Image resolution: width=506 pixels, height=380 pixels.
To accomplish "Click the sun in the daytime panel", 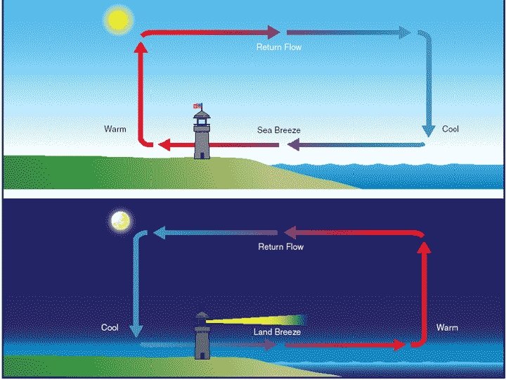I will (116, 21).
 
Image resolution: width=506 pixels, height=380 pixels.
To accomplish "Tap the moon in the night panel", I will (120, 222).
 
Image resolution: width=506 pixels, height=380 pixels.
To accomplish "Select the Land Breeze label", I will (277, 331).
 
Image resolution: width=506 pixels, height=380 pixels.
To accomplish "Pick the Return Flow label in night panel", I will (281, 247).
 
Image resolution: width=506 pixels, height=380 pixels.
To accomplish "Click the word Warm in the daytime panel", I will (115, 129).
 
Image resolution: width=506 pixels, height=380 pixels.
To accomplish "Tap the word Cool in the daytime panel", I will (450, 129).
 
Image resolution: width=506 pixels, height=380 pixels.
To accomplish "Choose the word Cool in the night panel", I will (110, 328).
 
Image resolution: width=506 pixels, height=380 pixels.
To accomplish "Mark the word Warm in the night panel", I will (447, 328).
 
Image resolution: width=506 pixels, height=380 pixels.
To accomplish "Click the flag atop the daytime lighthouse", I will (198, 106).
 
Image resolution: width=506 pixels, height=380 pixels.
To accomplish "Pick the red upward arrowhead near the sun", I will (141, 46).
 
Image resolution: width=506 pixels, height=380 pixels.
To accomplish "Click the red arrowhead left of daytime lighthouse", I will (162, 145).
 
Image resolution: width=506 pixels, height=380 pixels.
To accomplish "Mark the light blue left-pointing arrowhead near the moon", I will (160, 232).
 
